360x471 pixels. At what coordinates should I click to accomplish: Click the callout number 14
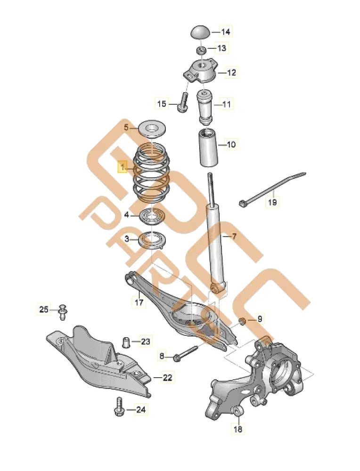pos(226,32)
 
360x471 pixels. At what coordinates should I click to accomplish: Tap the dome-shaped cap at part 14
pos(200,33)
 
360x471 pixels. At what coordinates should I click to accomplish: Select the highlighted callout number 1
pos(123,167)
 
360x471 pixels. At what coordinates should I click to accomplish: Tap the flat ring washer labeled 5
pos(151,128)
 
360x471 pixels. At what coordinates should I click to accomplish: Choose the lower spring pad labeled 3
pos(151,241)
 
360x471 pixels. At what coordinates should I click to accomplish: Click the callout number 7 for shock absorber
pos(234,236)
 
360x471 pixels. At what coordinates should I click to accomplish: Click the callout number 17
pos(139,302)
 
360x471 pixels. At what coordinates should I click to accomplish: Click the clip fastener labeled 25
pos(64,311)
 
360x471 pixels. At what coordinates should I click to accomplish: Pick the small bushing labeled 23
pos(126,341)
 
